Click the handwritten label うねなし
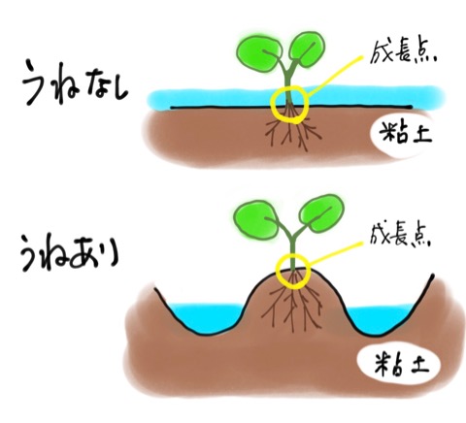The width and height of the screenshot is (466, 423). [x=76, y=82]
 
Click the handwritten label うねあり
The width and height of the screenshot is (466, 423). [x=70, y=253]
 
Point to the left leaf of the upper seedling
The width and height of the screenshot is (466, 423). [x=259, y=53]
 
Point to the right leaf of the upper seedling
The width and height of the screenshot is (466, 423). [x=306, y=49]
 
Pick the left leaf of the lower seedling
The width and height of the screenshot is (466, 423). [x=255, y=219]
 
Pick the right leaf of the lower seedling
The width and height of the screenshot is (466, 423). [x=321, y=213]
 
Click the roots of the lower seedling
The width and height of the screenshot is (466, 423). [x=292, y=304]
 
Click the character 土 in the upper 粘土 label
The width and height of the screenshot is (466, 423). [x=420, y=134]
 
